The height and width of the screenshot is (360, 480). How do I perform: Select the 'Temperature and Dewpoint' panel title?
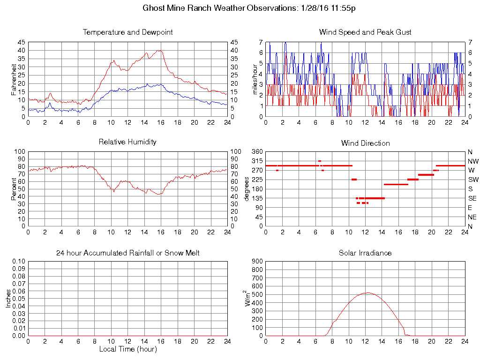coord(127,32)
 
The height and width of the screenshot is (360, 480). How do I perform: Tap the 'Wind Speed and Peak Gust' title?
coord(365,32)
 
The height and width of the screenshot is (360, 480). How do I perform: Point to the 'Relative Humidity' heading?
coord(127,142)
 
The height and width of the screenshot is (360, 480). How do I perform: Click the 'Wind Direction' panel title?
coord(365,143)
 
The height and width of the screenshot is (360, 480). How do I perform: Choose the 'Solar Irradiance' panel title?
coord(365,253)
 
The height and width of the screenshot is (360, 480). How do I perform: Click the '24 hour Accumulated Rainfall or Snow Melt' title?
coord(127,253)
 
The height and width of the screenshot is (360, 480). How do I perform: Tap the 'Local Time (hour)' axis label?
coord(127,349)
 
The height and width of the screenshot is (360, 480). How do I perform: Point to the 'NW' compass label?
coord(472,161)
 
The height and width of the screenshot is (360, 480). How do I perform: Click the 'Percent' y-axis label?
coord(14,188)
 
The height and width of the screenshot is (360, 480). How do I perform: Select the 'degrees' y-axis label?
coord(247,189)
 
